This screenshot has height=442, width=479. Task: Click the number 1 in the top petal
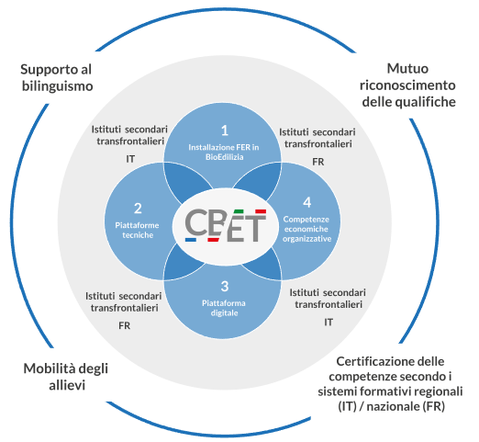(x=225, y=130)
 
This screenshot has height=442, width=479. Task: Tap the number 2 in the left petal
(x=138, y=209)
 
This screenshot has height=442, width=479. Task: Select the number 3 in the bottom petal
(x=225, y=286)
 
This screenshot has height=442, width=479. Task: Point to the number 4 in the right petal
(x=307, y=202)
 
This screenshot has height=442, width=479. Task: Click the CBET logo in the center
(x=226, y=225)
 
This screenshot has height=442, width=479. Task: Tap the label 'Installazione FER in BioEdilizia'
(x=224, y=153)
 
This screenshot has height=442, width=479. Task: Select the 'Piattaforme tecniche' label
(x=138, y=230)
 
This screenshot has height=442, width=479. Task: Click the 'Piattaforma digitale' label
(x=224, y=308)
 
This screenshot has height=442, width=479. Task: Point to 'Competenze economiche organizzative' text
(x=306, y=229)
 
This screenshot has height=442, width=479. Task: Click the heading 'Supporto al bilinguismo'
(x=57, y=78)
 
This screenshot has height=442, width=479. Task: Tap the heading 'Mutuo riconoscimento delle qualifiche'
(x=407, y=85)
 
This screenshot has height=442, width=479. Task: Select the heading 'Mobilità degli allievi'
(x=66, y=377)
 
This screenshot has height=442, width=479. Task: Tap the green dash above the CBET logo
(x=238, y=211)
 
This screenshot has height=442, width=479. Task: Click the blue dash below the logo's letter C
(x=191, y=240)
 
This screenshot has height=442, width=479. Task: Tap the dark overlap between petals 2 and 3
(x=183, y=262)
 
